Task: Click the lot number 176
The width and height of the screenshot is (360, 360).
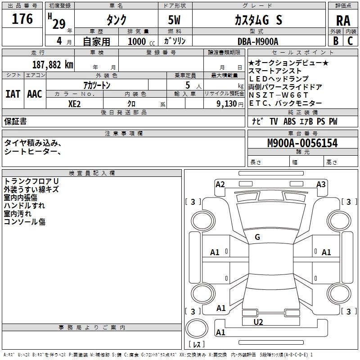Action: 22,19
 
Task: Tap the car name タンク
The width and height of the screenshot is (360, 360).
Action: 116,20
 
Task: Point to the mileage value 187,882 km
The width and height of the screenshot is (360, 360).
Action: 53,64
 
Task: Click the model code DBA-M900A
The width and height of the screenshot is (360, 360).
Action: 258,41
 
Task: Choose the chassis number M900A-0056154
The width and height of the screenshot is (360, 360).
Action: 302,143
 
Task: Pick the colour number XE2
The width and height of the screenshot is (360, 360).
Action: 75,103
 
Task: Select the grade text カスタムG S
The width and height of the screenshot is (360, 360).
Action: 258,20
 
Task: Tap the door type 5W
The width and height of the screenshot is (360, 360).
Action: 175,20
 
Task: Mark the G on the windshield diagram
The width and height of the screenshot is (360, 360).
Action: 257,237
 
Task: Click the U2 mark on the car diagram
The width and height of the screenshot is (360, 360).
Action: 258,322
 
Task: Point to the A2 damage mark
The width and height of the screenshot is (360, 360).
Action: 220,184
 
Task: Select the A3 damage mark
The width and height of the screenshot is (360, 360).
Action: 321,184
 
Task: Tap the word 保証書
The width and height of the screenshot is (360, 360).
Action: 15,121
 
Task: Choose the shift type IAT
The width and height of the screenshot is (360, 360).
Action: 13,94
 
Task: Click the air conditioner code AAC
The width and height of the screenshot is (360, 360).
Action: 35,94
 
